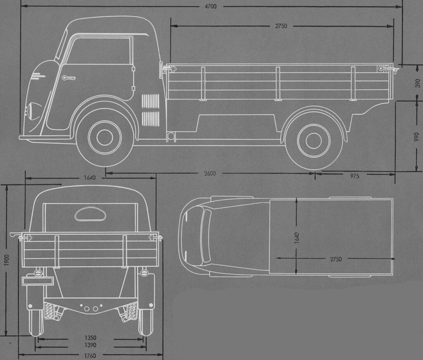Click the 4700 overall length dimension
[x=210, y=6]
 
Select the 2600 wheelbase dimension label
[x=210, y=173]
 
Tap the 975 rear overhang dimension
[x=354, y=176]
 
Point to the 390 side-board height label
[x=417, y=83]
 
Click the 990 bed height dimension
[x=416, y=136]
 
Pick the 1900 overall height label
[x=7, y=260]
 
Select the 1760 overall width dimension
[x=90, y=356]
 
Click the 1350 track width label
[x=90, y=338]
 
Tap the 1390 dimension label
[x=90, y=345]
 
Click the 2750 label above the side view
[x=281, y=26]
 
